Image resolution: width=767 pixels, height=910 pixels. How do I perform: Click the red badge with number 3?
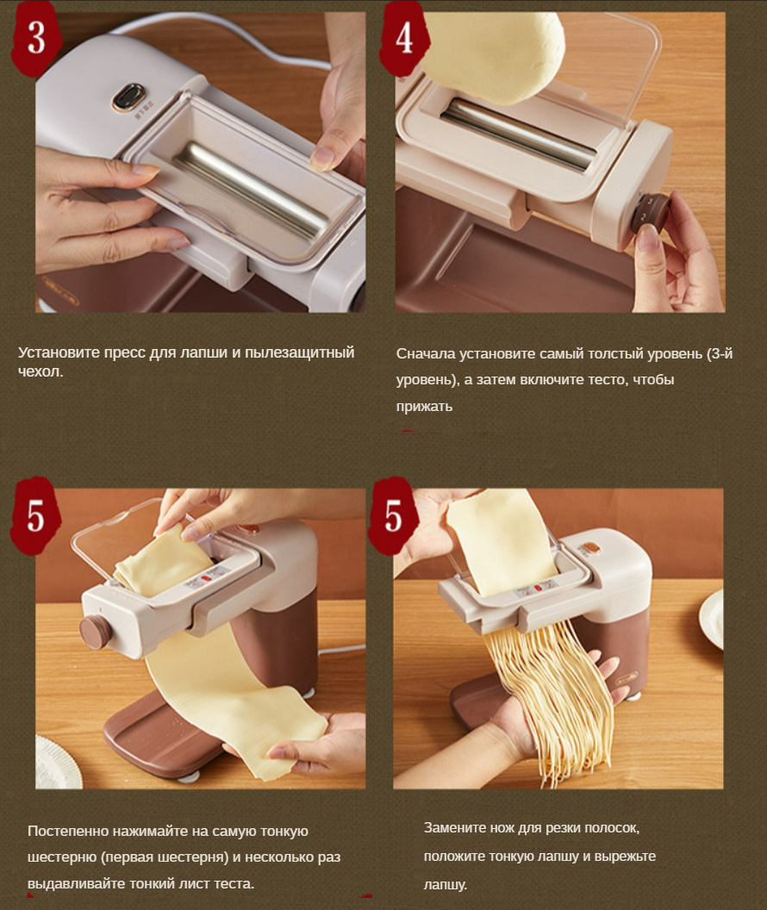coord(36,38)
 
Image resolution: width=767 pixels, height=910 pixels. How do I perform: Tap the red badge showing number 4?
coord(404,38)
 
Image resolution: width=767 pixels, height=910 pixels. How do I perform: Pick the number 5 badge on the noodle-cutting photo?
coord(393,515)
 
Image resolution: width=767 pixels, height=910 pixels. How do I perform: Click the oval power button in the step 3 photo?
coord(128,97)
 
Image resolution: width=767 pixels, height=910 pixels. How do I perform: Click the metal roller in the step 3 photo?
coord(253,190)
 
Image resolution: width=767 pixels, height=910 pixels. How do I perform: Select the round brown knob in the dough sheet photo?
coord(95,632)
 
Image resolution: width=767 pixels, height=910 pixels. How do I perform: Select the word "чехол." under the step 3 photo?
coord(40,372)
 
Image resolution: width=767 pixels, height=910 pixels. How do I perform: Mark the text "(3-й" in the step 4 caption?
coord(720,353)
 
